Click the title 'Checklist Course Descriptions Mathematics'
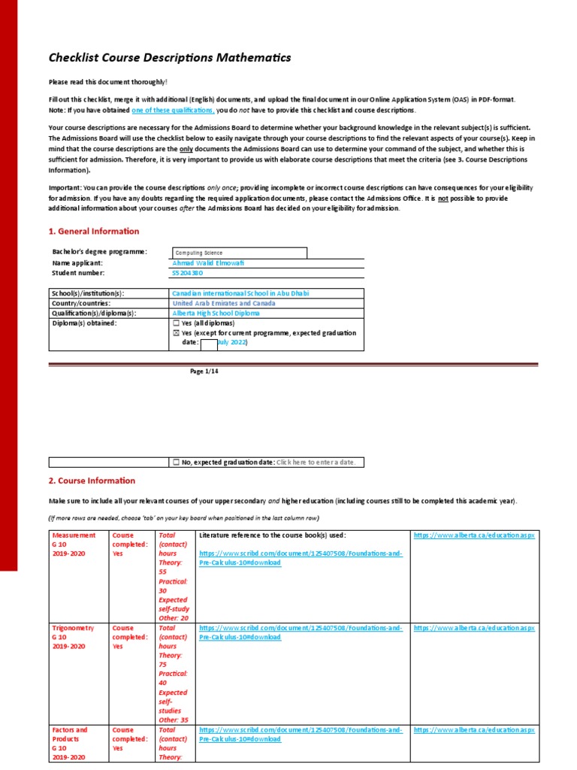coord(169,58)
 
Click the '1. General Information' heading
coord(94,232)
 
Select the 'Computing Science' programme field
coord(239,253)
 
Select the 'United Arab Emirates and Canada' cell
coord(223,303)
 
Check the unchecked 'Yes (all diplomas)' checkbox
coord(176,323)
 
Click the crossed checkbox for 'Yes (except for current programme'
coord(176,332)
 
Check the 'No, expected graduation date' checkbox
coord(176,462)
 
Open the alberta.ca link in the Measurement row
coord(474,535)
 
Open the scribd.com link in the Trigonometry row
coord(301,632)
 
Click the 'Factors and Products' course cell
coord(70,735)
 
